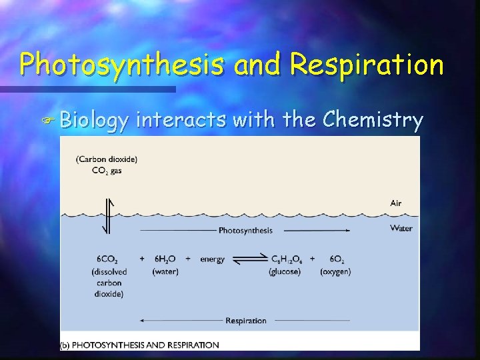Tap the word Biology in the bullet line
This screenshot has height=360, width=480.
(x=93, y=120)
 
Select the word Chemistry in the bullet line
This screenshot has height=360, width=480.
(x=373, y=120)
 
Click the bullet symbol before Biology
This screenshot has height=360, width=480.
(x=48, y=121)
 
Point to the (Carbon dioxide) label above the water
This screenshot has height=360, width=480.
(x=107, y=159)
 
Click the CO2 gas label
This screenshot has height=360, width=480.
(x=107, y=170)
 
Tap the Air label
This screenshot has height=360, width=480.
(x=396, y=203)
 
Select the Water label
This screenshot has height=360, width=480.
(x=401, y=229)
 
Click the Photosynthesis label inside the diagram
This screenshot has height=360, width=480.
(x=245, y=231)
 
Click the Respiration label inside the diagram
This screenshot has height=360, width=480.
(x=245, y=321)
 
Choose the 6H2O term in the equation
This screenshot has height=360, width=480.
(x=164, y=259)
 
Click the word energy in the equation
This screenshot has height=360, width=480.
(x=212, y=259)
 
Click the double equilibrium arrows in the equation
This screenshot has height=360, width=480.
(x=249, y=259)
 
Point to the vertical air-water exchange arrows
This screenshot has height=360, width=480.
(x=107, y=215)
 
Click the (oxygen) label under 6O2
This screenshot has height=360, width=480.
(x=335, y=271)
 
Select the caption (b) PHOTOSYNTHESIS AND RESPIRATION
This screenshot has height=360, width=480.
(x=141, y=345)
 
